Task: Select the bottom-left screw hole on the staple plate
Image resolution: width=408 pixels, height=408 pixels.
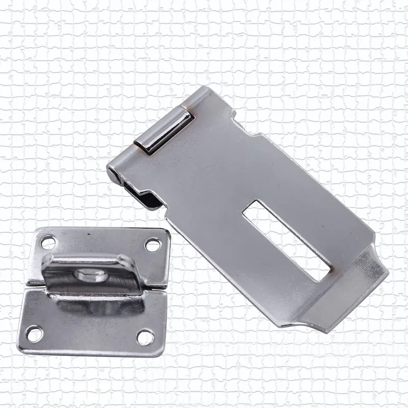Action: pyautogui.click(x=36, y=334)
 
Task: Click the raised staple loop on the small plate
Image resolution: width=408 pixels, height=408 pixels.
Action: pyautogui.click(x=89, y=275)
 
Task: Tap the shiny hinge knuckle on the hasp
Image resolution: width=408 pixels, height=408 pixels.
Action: pyautogui.click(x=165, y=130)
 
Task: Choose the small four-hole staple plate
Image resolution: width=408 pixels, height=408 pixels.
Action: pyautogui.click(x=97, y=291)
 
